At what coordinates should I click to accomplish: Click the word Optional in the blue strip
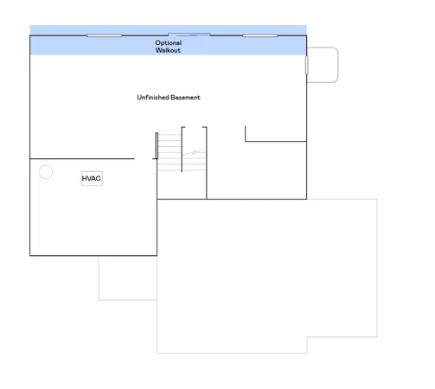point(169,42)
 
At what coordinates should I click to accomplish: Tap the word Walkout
point(169,50)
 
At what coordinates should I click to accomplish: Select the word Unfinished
point(153,98)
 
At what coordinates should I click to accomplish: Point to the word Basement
point(186,98)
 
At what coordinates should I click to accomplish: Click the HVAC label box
point(92,178)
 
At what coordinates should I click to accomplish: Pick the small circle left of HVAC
point(46,172)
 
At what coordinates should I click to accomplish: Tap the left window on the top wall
point(105,35)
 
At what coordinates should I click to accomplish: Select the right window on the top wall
point(259,35)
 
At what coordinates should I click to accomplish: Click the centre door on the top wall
point(191,35)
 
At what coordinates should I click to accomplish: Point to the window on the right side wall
point(306,66)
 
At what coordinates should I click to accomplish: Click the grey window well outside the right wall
point(323,65)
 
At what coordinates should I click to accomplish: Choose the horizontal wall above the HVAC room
point(82,159)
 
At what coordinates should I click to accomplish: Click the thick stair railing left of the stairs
point(157,146)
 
